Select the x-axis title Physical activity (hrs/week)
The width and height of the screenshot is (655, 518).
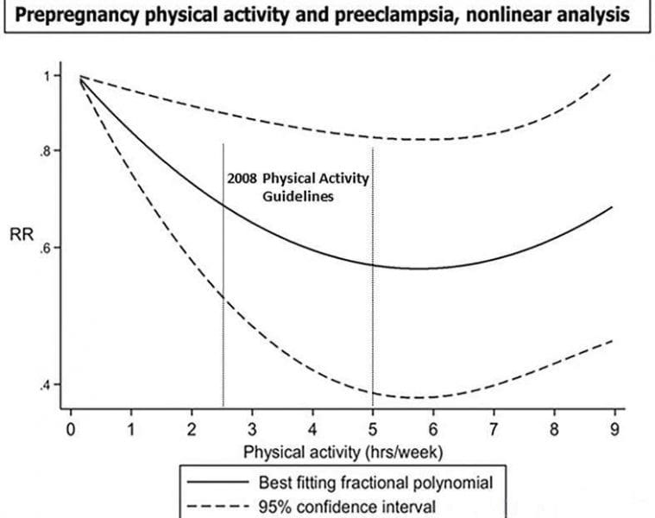tap(343, 452)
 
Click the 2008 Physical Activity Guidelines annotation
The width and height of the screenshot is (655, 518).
tap(298, 187)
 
